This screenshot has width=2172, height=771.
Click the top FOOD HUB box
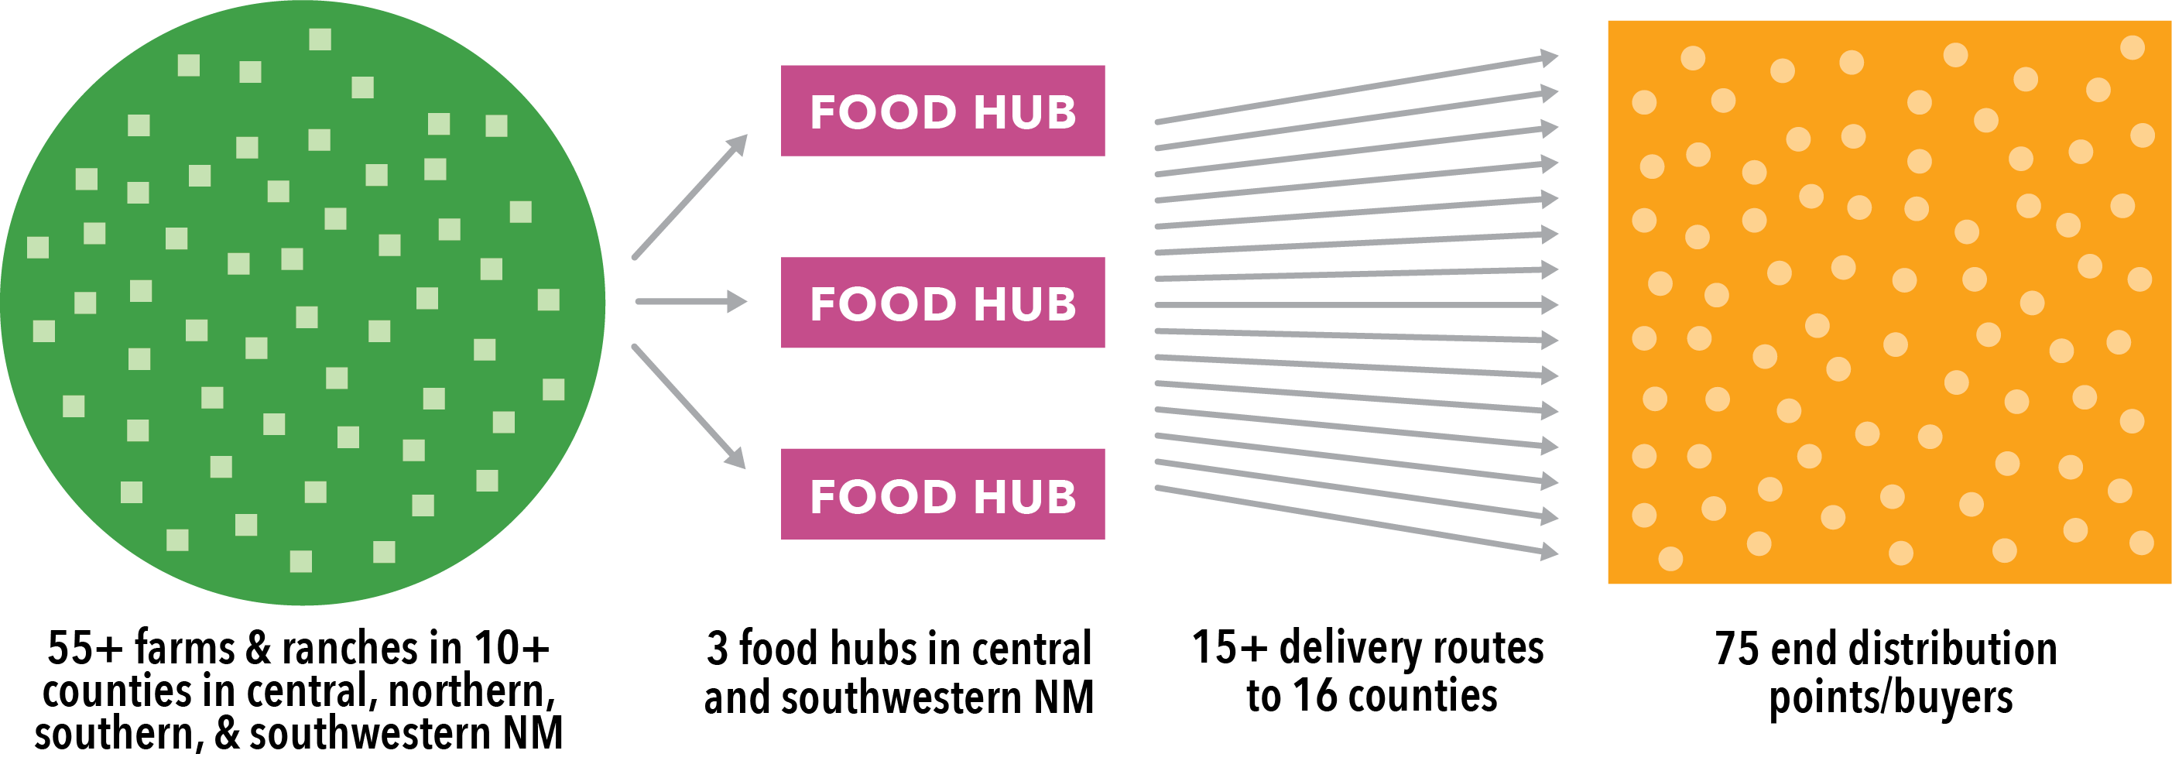pos(942,111)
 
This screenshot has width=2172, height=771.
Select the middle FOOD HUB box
pos(942,302)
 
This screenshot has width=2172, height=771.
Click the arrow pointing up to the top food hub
pos(690,197)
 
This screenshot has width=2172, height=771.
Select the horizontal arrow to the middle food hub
pos(690,301)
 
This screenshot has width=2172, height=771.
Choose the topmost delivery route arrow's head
pos(1550,57)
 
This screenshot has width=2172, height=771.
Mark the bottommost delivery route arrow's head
pos(1550,553)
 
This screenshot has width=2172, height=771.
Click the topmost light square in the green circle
pos(320,39)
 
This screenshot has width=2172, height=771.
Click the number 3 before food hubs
pos(717,649)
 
